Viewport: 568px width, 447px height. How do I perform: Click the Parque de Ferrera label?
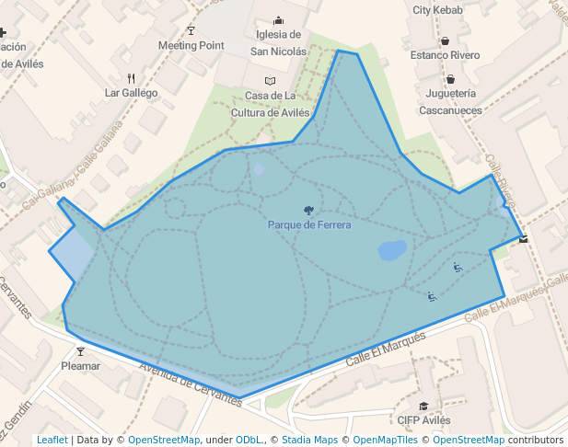pos(308,225)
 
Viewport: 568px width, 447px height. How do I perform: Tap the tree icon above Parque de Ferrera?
pos(308,211)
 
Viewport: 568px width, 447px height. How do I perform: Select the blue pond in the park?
pos(391,250)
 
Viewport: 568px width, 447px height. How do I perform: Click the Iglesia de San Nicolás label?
pos(279,43)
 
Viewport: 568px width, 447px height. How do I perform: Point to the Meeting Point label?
pos(191,45)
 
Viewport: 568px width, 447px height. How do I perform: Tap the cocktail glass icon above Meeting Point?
pos(191,30)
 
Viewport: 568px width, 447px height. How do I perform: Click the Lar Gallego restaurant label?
pos(132,93)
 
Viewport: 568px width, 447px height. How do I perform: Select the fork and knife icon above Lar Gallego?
pos(132,78)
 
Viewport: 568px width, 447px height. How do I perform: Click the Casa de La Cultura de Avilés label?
pos(270,104)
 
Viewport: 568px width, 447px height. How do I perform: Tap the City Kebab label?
pos(437,10)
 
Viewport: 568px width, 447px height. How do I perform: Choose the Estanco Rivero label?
pos(445,55)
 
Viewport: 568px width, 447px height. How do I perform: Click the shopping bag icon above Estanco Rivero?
pos(445,40)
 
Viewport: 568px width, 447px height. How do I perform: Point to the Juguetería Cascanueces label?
pos(450,101)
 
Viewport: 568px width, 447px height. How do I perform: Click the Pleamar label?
pos(80,366)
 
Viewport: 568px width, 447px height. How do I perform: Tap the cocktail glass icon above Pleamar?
pos(80,351)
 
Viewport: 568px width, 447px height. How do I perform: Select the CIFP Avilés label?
pos(423,420)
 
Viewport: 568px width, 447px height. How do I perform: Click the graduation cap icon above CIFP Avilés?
pos(423,406)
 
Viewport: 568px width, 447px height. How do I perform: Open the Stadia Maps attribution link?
pos(309,440)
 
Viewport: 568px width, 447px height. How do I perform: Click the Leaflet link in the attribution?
pos(52,440)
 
